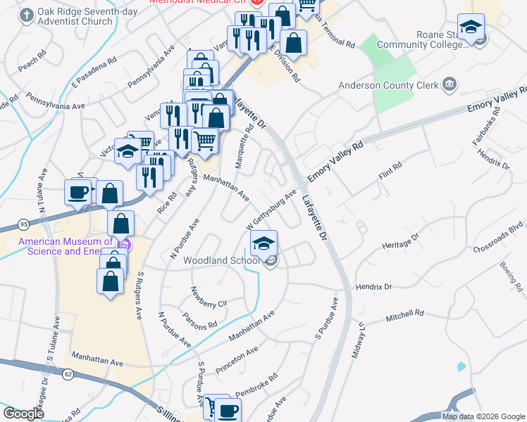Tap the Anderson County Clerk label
tap(379, 85)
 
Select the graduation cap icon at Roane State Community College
tap(471, 27)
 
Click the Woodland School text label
tap(222, 260)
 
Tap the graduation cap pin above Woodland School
tap(263, 244)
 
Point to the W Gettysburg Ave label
tap(271, 210)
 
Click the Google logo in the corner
tap(23, 414)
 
